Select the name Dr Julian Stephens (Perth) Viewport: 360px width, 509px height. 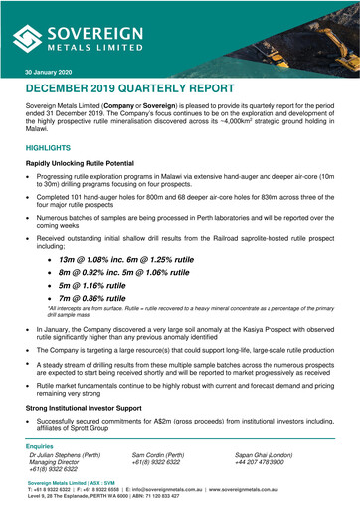pos(66,455)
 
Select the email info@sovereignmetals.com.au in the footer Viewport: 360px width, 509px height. pos(188,489)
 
